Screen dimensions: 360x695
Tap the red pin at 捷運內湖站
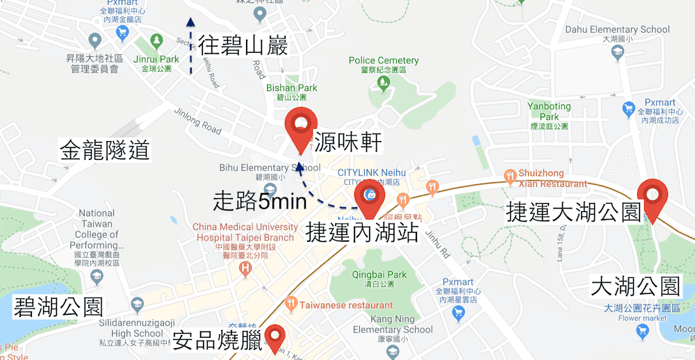(369, 196)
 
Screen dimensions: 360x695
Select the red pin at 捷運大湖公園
(653, 196)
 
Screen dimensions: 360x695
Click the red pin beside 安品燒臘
(275, 338)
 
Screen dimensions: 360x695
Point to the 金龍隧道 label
(106, 150)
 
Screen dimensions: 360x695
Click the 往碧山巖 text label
(243, 46)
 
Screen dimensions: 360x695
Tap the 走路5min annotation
(261, 202)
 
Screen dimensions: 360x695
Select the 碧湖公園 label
(58, 306)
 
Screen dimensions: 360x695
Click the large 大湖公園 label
(635, 286)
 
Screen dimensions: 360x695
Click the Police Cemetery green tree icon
(383, 83)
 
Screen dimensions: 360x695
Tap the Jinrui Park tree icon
(158, 40)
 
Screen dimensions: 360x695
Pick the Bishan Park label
(292, 88)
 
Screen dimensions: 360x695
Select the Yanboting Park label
(548, 111)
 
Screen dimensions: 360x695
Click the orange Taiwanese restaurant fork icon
(291, 303)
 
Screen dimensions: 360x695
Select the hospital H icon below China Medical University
(245, 268)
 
